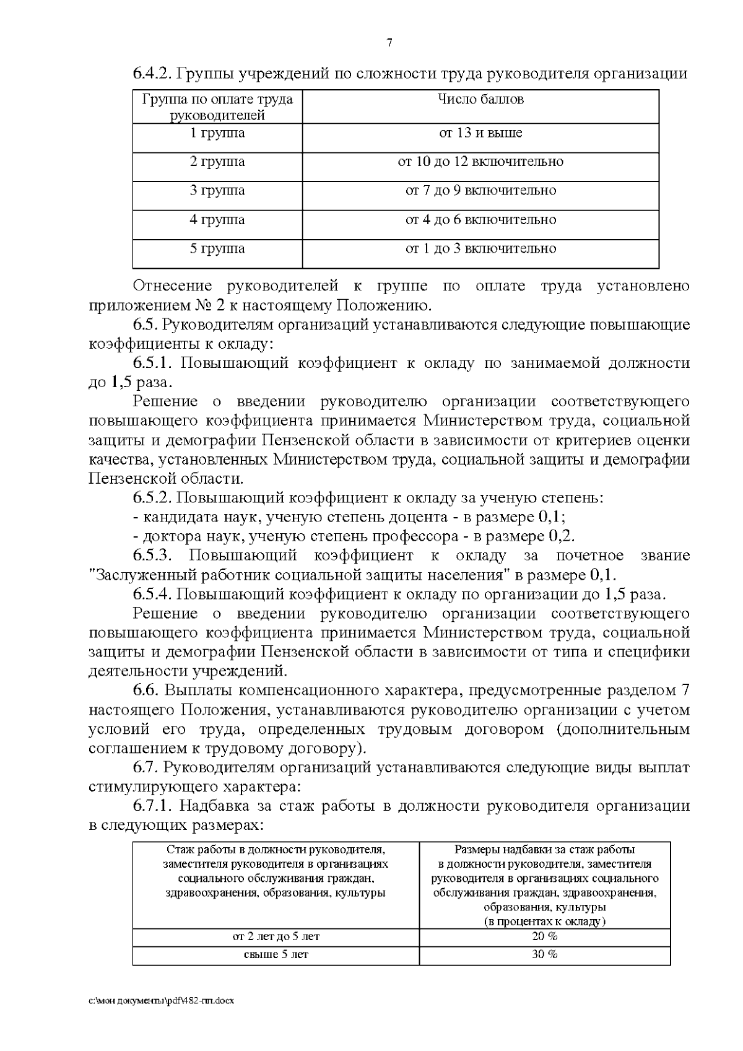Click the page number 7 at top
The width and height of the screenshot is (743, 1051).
point(389,43)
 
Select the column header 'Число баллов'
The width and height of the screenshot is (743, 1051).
point(480,100)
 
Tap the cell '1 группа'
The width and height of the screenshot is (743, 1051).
point(217,133)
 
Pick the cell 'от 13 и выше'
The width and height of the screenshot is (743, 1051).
point(480,133)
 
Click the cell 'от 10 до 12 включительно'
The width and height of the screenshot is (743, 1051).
point(480,162)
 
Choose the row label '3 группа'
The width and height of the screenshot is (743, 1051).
point(217,191)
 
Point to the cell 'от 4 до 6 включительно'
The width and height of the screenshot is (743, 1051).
point(480,220)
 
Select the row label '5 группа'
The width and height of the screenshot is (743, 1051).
point(217,249)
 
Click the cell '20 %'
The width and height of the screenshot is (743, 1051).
point(544,936)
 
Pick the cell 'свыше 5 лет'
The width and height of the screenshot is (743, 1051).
point(276,954)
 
